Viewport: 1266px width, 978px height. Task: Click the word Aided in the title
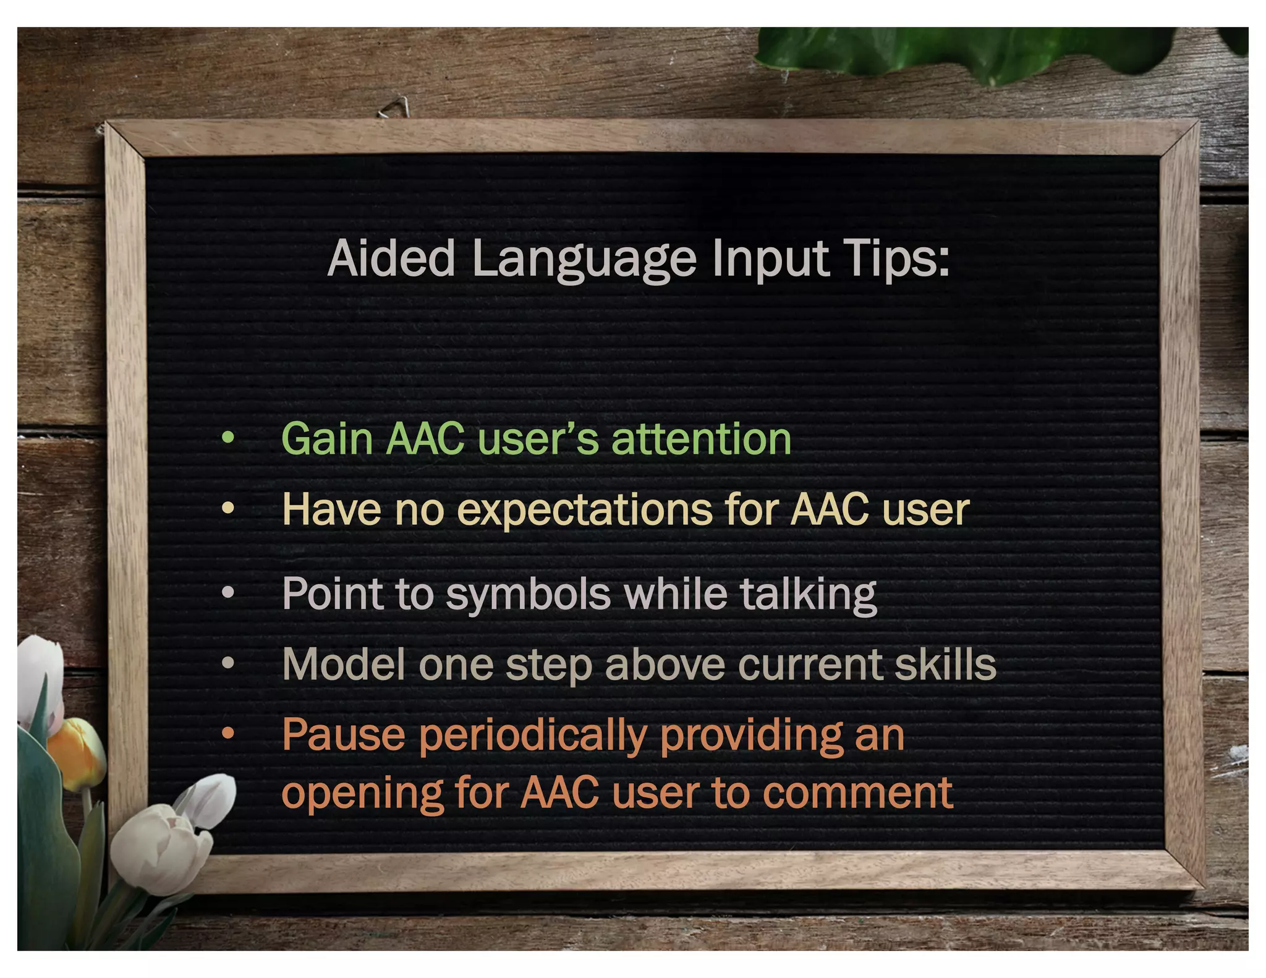tap(391, 258)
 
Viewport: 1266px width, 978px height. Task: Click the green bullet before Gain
tap(228, 438)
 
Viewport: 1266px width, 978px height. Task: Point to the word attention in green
tap(701, 439)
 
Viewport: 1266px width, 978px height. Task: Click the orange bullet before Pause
tap(228, 734)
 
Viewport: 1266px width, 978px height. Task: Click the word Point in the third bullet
tap(333, 593)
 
